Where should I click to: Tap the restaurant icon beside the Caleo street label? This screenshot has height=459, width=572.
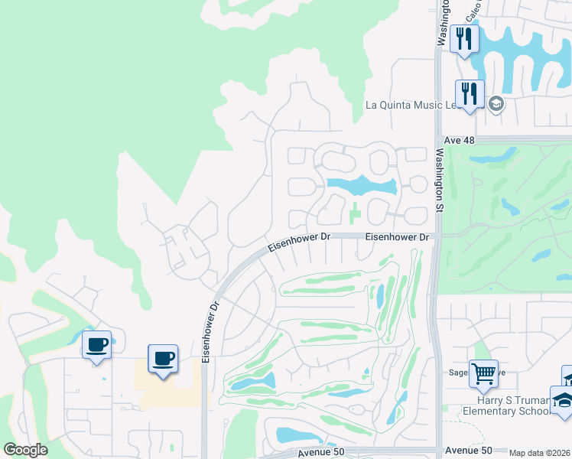(464, 38)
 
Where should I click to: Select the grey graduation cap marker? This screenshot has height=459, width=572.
(496, 103)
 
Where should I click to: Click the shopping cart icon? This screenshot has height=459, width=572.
(483, 374)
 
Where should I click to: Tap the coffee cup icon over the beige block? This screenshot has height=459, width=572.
(162, 358)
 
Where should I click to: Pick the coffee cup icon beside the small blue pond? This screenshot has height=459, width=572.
(96, 345)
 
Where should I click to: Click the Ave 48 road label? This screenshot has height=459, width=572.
(460, 142)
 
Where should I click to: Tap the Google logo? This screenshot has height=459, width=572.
(25, 450)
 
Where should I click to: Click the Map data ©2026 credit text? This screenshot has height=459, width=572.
(540, 453)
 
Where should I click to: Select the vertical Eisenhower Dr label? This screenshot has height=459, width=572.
(210, 330)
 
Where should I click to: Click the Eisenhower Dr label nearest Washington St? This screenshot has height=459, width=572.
(397, 237)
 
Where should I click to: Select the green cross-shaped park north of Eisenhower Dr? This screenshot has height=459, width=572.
(355, 214)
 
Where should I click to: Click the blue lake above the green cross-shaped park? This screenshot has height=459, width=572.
(362, 185)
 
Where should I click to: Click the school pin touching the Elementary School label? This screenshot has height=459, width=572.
(563, 401)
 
